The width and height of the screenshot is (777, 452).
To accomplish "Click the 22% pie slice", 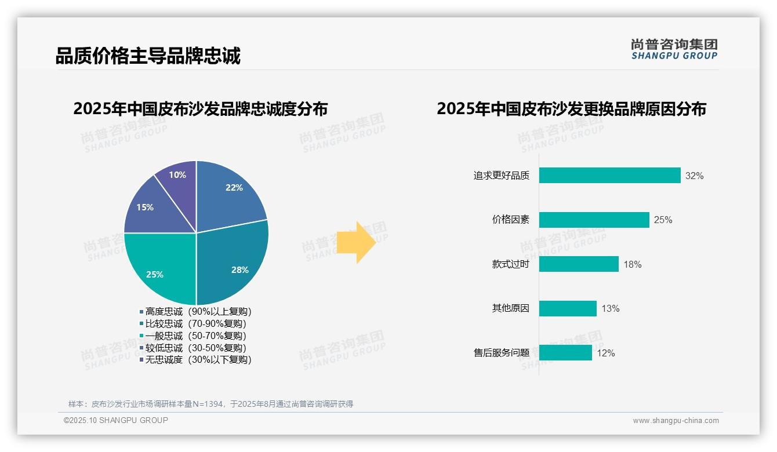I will click(229, 194).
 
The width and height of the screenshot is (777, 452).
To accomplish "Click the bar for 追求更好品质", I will click(609, 176).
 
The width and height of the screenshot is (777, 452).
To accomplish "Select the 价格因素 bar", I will click(594, 220).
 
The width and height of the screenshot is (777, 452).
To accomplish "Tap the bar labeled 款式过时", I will click(579, 264).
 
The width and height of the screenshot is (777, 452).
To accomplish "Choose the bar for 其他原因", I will click(568, 308).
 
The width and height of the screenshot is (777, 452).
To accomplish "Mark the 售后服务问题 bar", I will click(565, 352).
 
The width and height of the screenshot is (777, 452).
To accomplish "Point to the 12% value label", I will click(605, 353).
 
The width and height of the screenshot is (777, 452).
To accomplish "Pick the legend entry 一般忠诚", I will click(195, 336).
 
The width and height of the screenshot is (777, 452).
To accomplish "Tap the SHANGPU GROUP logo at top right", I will click(674, 49).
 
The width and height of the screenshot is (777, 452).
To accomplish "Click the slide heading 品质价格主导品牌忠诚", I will click(148, 56).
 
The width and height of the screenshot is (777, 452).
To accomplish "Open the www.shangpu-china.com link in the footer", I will click(676, 421).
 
